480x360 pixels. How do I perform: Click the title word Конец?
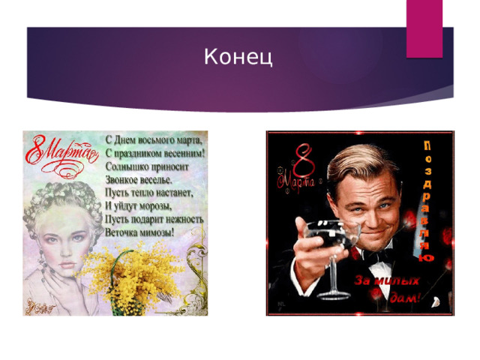(238, 56)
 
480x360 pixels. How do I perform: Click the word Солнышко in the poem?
(126, 164)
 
